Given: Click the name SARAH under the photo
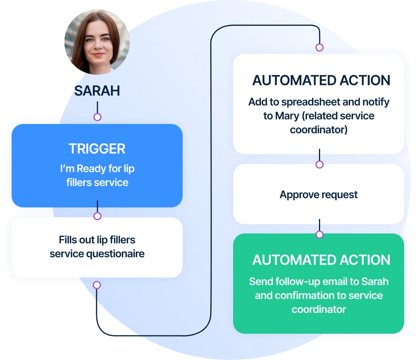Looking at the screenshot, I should point(97,91).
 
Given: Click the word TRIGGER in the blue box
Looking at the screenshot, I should point(97,149).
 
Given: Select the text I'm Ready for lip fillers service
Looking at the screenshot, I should point(97,175).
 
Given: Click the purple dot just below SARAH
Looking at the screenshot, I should point(97,117).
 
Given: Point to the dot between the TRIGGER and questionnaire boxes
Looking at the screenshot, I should point(97,216).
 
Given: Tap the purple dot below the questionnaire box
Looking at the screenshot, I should point(97,285).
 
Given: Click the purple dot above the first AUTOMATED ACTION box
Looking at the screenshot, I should point(319,48).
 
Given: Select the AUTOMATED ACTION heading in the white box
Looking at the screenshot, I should point(321,80).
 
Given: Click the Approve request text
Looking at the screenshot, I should point(319,195).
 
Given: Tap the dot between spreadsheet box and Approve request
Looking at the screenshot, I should point(319,165).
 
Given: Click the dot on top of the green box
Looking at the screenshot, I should point(319,234).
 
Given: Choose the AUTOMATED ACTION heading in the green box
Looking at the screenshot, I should point(321,260).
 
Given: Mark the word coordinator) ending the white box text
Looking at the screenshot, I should point(319,130).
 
